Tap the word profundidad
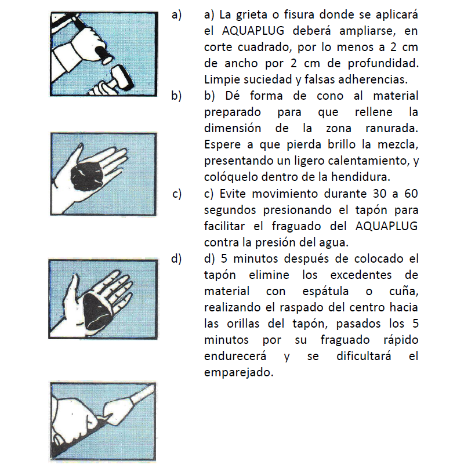[x=383, y=64]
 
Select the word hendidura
[x=361, y=177]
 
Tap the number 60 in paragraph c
[x=411, y=194]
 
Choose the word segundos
[x=230, y=210]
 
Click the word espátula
[x=325, y=292]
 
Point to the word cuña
[x=404, y=292]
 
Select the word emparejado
[x=239, y=373]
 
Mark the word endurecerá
[x=235, y=357]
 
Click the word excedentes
[x=361, y=275]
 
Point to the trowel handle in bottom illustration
[x=142, y=393]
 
